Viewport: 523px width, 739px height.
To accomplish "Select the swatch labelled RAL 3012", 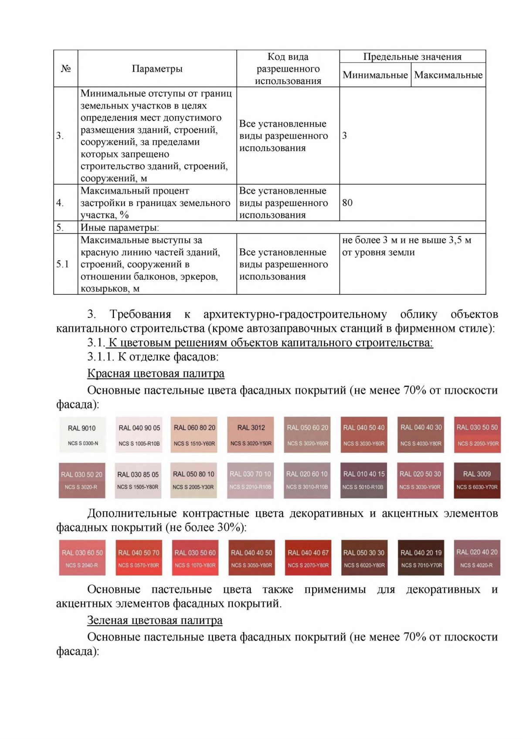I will [251, 435].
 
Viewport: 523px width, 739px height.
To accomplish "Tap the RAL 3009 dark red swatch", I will [477, 480].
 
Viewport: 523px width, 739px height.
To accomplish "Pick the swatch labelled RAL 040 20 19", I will [421, 558].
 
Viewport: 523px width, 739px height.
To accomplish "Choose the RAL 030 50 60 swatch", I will [195, 558].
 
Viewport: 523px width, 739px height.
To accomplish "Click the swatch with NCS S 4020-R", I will [477, 558].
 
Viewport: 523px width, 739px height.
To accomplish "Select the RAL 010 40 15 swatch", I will [364, 480].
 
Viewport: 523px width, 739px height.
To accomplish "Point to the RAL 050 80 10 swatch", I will [194, 480].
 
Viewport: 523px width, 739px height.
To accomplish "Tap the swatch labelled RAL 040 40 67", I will [308, 558].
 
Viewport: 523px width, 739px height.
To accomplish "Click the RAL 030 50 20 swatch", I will [82, 480].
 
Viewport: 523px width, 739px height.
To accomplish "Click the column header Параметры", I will [157, 69].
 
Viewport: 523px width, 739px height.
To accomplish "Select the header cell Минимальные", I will [375, 75].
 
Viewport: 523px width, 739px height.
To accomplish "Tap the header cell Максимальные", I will [448, 75].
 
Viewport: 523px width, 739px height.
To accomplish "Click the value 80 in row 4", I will [347, 202].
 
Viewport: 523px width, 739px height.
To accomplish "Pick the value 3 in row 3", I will [344, 135].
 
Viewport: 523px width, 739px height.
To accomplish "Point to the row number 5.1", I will [63, 264].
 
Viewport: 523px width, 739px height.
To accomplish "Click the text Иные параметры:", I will [119, 227].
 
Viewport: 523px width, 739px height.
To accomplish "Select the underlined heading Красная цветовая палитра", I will [156, 373].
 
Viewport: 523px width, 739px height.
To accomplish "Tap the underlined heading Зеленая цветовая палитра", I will [155, 620].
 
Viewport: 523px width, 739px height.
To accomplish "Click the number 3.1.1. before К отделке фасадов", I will [101, 357].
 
